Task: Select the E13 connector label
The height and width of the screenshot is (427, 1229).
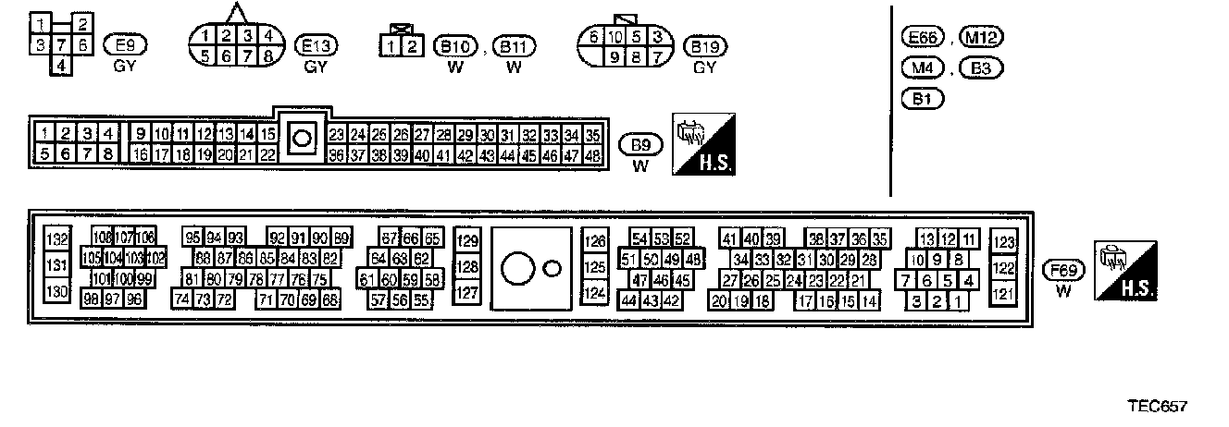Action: (317, 44)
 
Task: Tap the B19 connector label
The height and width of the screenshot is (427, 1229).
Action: (705, 45)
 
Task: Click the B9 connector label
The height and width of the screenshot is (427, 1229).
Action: (639, 144)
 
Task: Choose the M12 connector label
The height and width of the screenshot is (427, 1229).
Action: (982, 38)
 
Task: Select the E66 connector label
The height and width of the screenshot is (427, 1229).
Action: (920, 38)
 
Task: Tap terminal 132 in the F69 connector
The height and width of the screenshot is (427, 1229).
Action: (57, 240)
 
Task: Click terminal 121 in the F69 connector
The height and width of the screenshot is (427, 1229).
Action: (1002, 293)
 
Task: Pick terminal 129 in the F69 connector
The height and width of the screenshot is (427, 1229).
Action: (468, 241)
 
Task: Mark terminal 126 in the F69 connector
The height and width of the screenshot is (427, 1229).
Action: (593, 241)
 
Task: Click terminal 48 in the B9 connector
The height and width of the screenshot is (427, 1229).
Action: (593, 155)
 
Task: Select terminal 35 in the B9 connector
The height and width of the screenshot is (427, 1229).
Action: (593, 135)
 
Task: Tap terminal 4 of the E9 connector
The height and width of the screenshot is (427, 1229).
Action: (60, 65)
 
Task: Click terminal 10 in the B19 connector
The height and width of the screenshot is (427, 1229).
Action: (615, 37)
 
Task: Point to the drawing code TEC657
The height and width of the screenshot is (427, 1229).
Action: (1156, 407)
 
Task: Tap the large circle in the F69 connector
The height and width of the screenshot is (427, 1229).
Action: (516, 269)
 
